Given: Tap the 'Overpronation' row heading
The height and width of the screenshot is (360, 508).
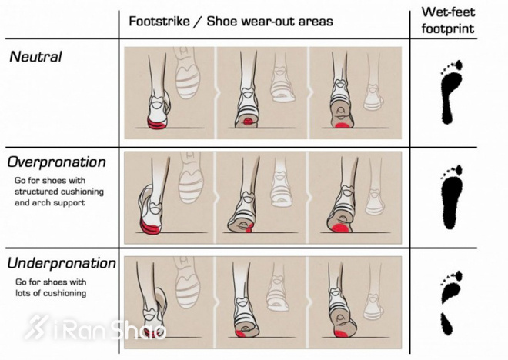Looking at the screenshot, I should (58, 162).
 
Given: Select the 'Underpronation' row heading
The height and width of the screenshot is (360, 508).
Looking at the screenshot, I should (62, 264).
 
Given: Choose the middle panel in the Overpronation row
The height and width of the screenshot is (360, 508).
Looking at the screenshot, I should (262, 193).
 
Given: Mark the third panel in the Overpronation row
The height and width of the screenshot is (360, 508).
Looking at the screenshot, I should (356, 193).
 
